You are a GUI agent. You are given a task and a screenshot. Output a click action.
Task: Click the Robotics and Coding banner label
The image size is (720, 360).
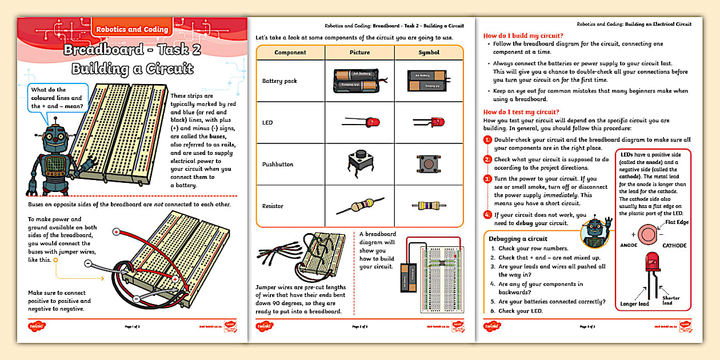(x=132, y=29)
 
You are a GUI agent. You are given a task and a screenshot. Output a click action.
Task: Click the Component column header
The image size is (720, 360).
(x=290, y=53)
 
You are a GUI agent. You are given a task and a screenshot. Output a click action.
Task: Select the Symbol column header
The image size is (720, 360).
(x=429, y=53)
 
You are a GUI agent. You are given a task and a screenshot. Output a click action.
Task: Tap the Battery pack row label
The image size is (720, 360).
(x=279, y=81)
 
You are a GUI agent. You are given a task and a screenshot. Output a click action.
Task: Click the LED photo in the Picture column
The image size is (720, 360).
(x=361, y=122)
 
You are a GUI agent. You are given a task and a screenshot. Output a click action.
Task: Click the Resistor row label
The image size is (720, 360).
(x=273, y=206)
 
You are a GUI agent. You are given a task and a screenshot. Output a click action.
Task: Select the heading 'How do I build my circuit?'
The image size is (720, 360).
(x=523, y=35)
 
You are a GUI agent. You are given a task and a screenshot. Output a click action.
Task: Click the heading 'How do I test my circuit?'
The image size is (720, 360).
(x=521, y=112)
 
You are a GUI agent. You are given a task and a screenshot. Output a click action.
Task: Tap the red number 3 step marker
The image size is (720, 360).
(x=487, y=179)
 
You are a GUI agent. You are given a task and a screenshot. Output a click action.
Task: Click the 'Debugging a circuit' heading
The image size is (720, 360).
(x=518, y=239)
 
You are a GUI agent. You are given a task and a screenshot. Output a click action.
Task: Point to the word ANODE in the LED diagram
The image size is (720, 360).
(x=629, y=246)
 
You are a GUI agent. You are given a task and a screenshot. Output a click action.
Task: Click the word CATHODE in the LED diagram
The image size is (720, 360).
(x=674, y=246)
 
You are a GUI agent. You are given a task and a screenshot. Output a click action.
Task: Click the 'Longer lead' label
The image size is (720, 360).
(x=635, y=304)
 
